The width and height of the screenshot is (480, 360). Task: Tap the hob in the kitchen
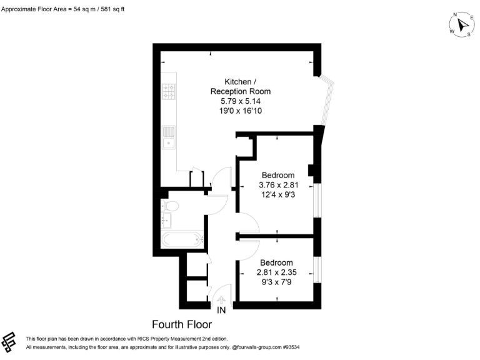[x=169, y=92]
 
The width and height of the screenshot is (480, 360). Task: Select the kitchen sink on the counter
[x=169, y=136]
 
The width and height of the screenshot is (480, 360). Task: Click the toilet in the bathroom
[x=170, y=206]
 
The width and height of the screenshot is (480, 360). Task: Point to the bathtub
[x=182, y=239]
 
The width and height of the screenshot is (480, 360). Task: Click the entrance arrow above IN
[x=221, y=298]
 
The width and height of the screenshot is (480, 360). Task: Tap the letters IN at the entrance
[x=221, y=310]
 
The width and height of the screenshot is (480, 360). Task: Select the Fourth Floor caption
[x=182, y=324]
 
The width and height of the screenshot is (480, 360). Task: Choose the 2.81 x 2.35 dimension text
[x=276, y=272]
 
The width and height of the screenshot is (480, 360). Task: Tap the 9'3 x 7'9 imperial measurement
[x=276, y=282]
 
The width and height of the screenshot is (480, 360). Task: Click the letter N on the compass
[x=456, y=15]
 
